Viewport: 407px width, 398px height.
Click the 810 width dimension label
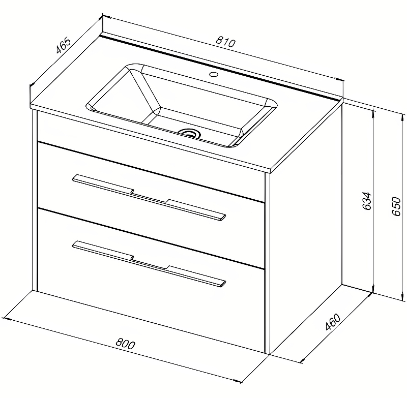coord(225,42)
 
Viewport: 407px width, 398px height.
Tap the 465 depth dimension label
coord(63,45)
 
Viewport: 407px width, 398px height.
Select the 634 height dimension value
coord(367,201)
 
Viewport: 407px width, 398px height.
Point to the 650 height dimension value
coord(396,206)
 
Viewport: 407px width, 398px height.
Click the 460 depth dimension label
coord(333,322)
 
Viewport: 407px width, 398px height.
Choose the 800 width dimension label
coord(125,344)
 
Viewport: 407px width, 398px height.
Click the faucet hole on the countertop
coord(214,74)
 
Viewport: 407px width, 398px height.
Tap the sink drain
coord(189,133)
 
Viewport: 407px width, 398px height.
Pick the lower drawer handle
coord(149,264)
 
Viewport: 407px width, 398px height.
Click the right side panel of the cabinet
coord(306,228)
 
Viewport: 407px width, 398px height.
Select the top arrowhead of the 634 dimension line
coord(373,112)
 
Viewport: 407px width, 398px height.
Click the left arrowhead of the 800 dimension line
coord(5,318)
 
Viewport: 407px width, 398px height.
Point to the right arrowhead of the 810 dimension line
coord(340,80)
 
